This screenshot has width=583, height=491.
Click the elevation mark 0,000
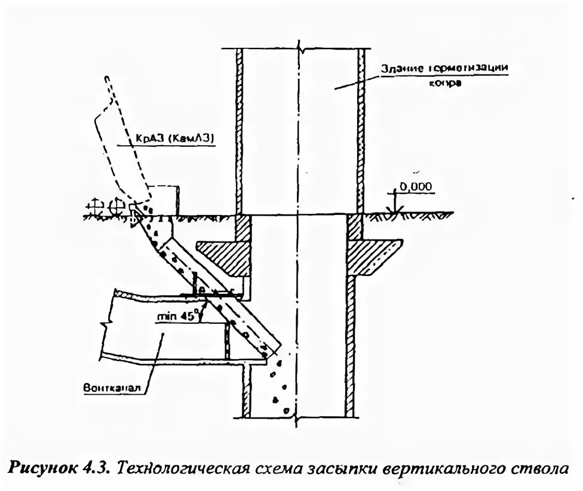(415, 187)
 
